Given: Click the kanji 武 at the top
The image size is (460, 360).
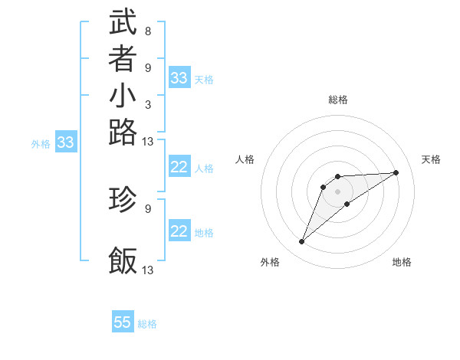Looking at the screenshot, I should point(123,22).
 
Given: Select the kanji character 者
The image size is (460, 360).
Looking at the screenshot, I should point(123,59).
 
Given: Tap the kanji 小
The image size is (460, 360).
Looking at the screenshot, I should point(123,97).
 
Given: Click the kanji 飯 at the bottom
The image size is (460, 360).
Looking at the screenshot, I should point(123,261).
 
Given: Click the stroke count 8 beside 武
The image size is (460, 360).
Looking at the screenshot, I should point(147,31).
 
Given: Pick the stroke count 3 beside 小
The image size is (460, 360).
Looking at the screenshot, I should point(147,105).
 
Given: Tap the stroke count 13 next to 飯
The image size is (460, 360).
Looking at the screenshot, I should point(148,270).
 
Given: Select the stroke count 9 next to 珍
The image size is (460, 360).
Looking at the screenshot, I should point(147,207).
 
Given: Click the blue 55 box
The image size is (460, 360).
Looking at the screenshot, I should point(123,322).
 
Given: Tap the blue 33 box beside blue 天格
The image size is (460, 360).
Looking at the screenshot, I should point(179,78).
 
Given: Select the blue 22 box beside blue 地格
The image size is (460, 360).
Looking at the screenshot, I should point(179,231).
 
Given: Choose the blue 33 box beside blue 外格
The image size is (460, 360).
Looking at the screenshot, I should point(66,142).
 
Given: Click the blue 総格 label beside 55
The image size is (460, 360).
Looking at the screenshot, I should point(147,324).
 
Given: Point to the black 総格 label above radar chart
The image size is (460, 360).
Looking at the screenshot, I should point(338,100).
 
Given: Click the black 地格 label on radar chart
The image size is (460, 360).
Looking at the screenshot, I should point(402,263).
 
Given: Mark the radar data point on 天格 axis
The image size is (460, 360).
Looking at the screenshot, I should point(396,172).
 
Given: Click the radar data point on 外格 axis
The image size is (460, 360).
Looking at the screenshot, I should point(301,242).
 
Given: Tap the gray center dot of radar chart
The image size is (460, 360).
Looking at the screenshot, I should point(338,191).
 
